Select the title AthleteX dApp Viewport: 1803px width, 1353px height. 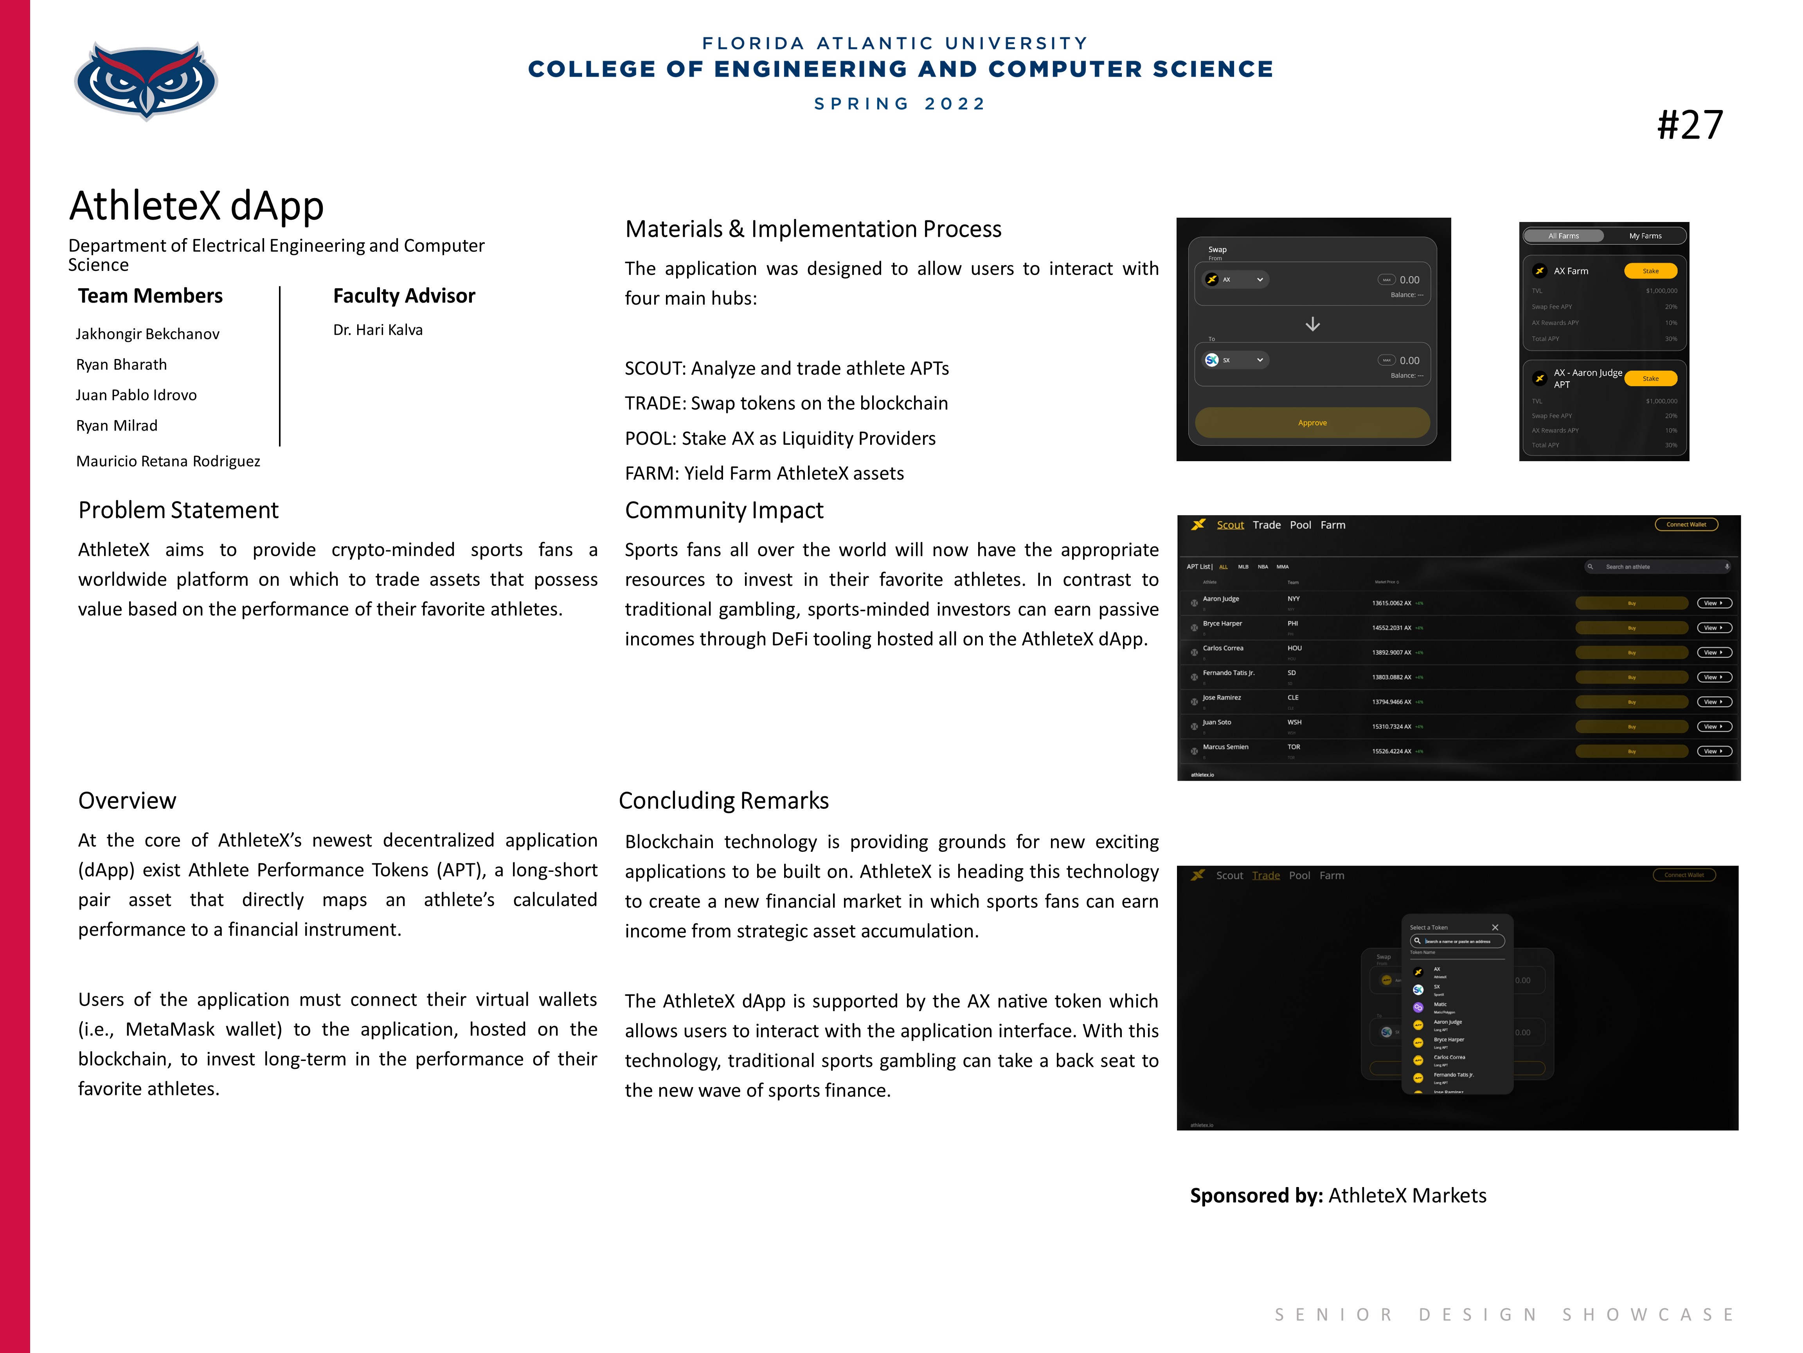(x=196, y=206)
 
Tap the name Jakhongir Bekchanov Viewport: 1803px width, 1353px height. (x=148, y=334)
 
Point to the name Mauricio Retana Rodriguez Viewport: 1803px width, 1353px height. (x=168, y=461)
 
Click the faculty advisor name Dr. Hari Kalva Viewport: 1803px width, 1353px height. (x=378, y=330)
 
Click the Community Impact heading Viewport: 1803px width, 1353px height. (x=724, y=510)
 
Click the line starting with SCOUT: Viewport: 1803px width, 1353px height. (x=786, y=369)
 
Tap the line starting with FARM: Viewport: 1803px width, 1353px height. (x=764, y=473)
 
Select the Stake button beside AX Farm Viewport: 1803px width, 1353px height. (x=1650, y=271)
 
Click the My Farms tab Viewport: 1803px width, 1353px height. (x=1645, y=236)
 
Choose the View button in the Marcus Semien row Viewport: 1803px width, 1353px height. (x=1713, y=751)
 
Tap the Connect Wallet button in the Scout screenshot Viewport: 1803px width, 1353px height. (x=1686, y=524)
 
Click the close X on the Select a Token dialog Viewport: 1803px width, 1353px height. (x=1495, y=927)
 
